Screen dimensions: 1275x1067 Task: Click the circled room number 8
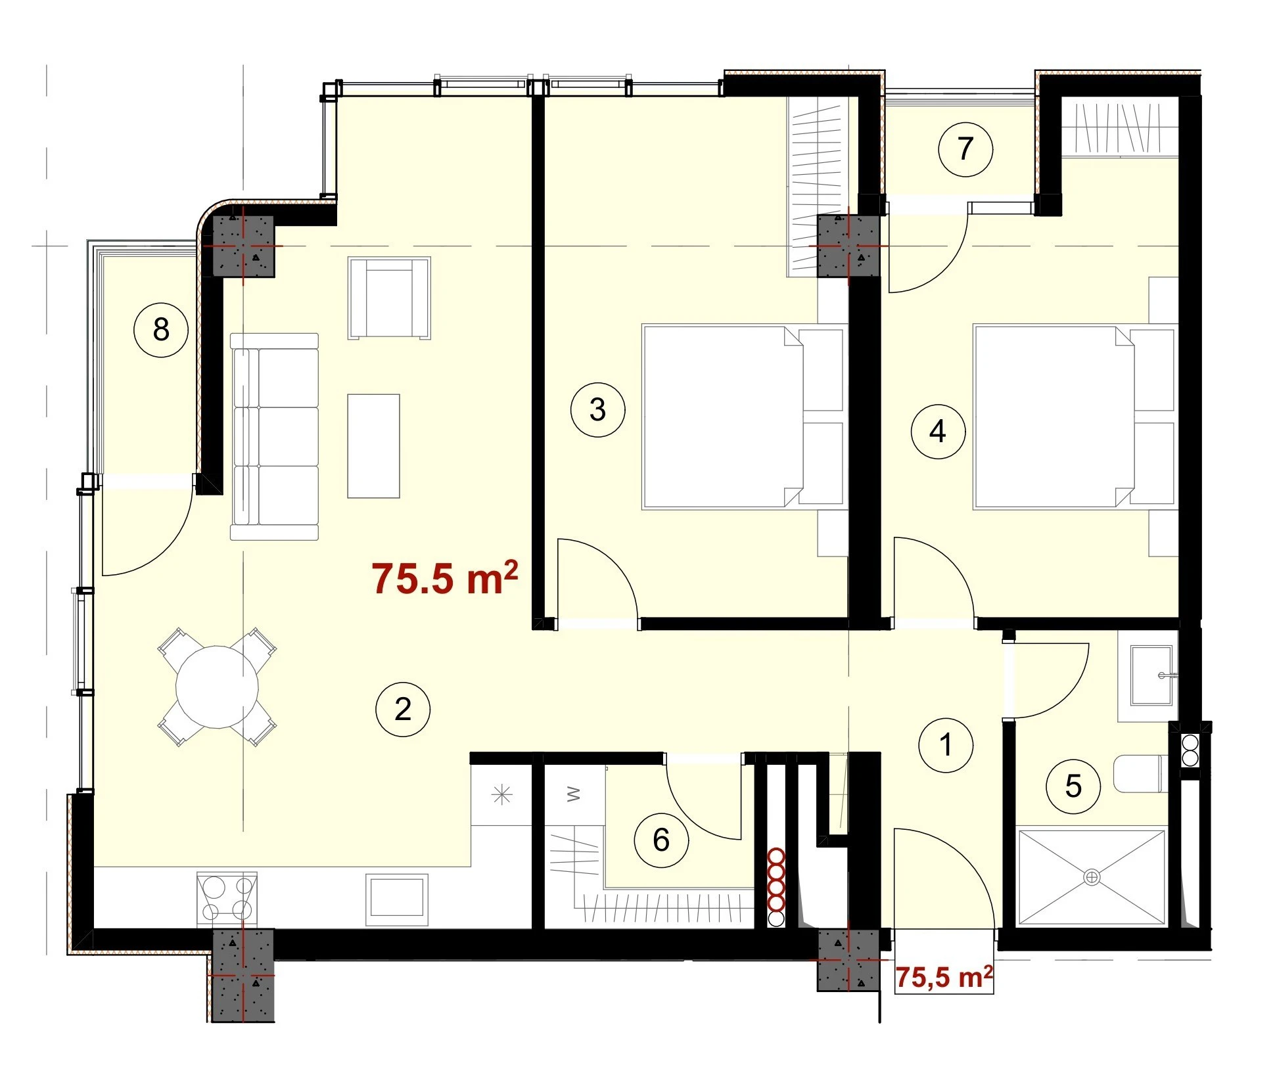coord(161,329)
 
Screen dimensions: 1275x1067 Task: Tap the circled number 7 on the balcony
coord(965,148)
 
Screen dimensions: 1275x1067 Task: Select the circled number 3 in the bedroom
coord(597,409)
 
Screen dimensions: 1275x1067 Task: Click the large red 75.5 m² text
coord(445,578)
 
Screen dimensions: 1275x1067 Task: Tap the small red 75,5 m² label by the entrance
coord(944,977)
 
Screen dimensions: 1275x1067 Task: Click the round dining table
coord(217,687)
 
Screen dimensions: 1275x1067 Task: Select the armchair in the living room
coord(389,298)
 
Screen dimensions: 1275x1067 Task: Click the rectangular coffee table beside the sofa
coord(373,446)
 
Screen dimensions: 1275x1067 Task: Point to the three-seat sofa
coord(275,436)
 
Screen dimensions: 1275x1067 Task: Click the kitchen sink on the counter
coord(397,898)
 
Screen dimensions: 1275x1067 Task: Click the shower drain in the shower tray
coord(1092,877)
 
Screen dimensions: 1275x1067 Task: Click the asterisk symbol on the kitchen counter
coord(501,796)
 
